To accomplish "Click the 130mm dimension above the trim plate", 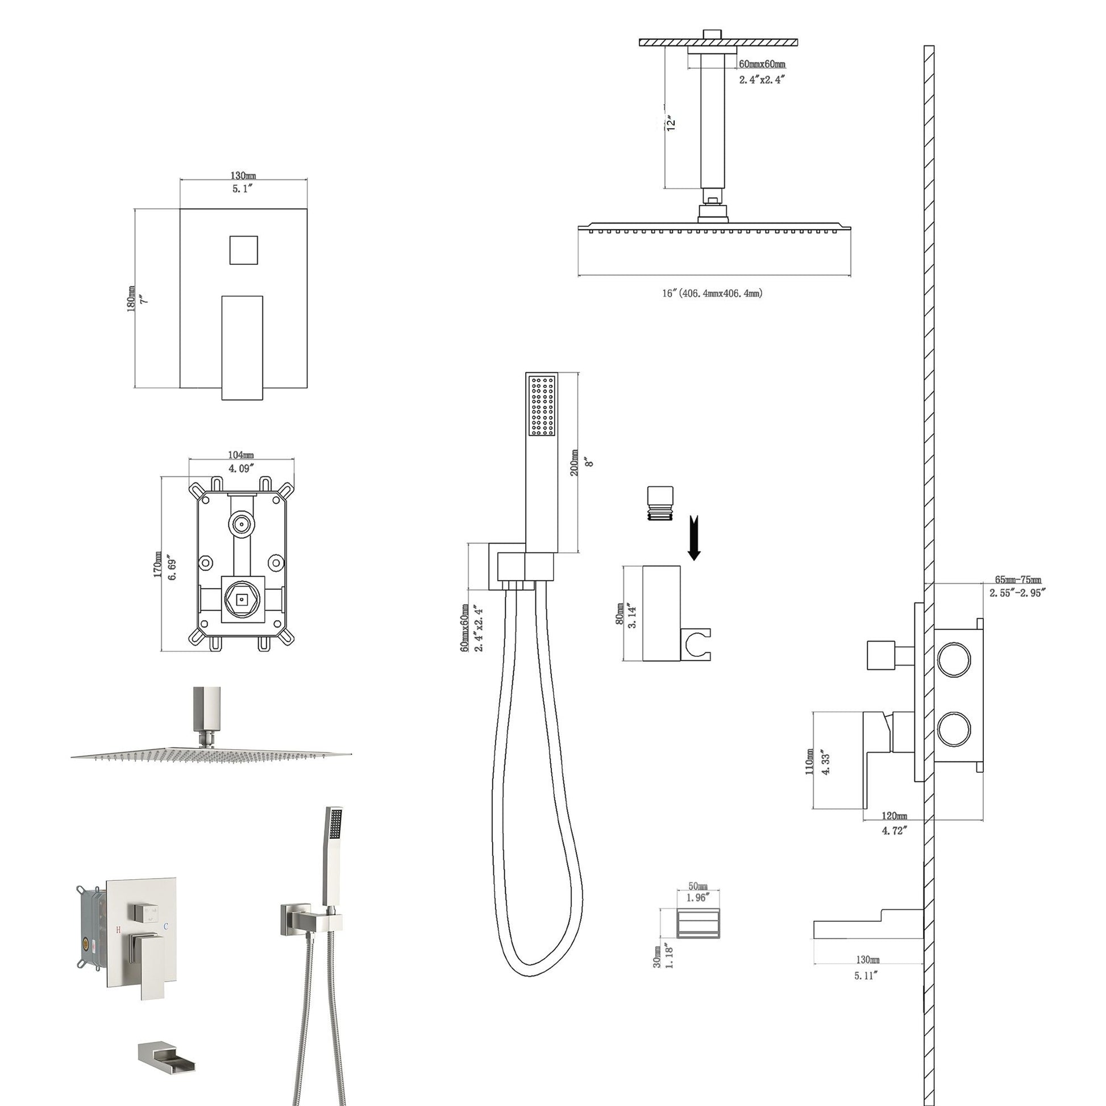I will click(243, 176).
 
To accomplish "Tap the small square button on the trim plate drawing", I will click(243, 250).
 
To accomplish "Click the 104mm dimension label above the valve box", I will click(241, 455).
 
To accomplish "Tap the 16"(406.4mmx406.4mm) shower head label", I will click(712, 294).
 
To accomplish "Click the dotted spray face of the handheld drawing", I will click(542, 405).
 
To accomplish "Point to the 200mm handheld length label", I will click(574, 461).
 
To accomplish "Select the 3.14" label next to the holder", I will click(632, 616).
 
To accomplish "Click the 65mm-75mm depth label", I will click(1018, 580).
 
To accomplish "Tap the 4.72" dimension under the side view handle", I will click(893, 830).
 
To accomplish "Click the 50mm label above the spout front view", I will click(698, 885).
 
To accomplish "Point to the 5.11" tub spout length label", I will click(866, 976).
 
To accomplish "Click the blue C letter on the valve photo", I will click(165, 926).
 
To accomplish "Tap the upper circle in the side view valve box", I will click(954, 659).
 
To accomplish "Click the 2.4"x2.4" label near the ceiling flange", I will click(761, 80).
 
